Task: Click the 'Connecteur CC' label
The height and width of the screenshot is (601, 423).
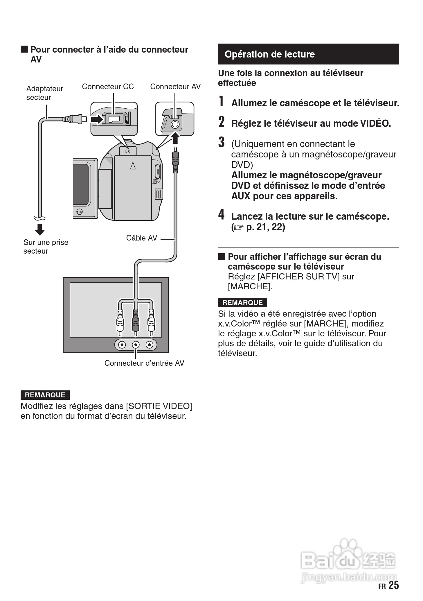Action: (x=108, y=87)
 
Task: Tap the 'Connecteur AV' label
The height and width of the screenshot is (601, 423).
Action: (x=175, y=87)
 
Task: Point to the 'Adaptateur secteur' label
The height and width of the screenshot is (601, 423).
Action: (x=44, y=93)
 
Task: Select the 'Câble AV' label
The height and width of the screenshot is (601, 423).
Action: (x=141, y=238)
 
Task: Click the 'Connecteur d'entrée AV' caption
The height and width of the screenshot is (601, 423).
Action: (x=144, y=363)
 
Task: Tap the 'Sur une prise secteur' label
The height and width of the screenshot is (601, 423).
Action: (x=46, y=247)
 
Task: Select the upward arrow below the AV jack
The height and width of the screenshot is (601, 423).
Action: (x=175, y=138)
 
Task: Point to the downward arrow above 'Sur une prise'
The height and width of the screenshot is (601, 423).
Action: (x=40, y=229)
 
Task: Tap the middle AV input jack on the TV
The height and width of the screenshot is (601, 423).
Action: (x=136, y=345)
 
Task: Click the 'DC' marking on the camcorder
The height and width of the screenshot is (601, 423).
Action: (x=128, y=151)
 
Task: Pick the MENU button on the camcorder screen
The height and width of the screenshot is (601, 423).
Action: (x=80, y=212)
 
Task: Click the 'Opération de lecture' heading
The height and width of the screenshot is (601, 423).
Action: (x=269, y=54)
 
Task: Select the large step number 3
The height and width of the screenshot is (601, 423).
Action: (x=222, y=142)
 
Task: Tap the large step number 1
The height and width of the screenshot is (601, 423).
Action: (x=222, y=102)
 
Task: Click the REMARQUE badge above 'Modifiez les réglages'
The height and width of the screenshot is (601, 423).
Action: (x=45, y=395)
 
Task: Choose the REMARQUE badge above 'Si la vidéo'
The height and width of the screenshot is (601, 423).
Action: (x=242, y=303)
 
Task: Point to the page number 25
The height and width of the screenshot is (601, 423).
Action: (x=393, y=585)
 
